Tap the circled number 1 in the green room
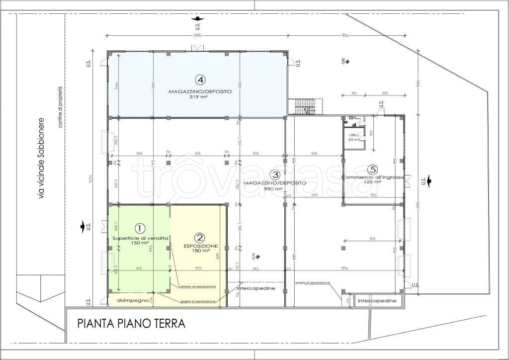140,228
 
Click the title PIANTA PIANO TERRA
131,324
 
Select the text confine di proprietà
62,107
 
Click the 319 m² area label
200,98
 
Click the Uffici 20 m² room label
354,138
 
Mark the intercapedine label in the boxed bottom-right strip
377,301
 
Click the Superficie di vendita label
140,238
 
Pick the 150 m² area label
140,243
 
